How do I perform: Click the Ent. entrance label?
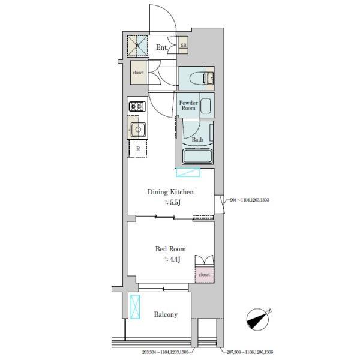click(x=162, y=46)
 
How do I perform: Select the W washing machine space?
click(x=137, y=46)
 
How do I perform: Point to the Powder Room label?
click(x=188, y=106)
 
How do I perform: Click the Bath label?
click(x=197, y=140)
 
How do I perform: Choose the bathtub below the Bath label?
click(x=198, y=157)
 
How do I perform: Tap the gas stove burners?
click(x=136, y=107)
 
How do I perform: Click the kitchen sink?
click(x=138, y=128)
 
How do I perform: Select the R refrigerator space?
click(x=138, y=148)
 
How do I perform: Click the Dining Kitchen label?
click(x=171, y=192)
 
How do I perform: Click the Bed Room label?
click(x=170, y=248)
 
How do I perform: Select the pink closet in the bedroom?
click(x=204, y=274)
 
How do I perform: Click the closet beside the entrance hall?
click(x=139, y=73)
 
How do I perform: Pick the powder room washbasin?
click(x=205, y=106)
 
